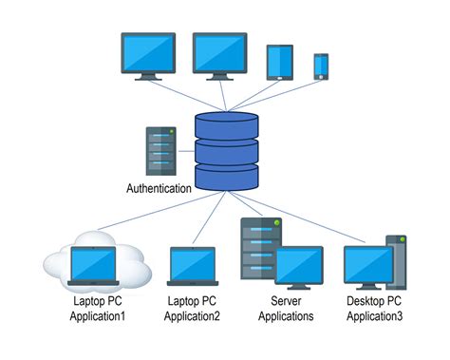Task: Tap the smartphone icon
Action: pos(320,66)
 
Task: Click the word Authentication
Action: pos(159,188)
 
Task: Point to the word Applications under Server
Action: pos(285,316)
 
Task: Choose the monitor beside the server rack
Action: pos(298,267)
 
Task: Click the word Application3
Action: pos(373,316)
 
